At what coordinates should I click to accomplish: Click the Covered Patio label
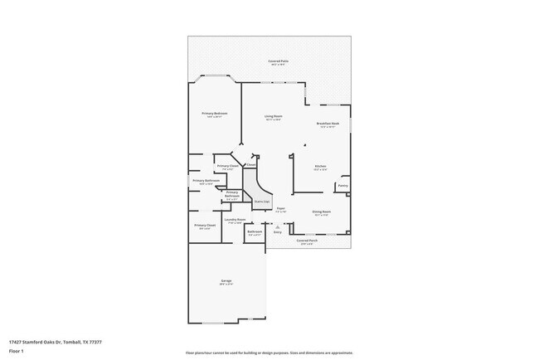pyautogui.click(x=277, y=61)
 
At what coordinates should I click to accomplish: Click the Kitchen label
pyautogui.click(x=320, y=167)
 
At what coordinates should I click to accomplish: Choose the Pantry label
pyautogui.click(x=342, y=186)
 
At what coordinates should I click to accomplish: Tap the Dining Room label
pyautogui.click(x=322, y=212)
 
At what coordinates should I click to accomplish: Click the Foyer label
pyautogui.click(x=280, y=208)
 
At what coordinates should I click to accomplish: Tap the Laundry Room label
pyautogui.click(x=235, y=220)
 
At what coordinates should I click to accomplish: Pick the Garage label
pyautogui.click(x=226, y=282)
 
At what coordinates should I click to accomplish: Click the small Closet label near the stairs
pyautogui.click(x=251, y=164)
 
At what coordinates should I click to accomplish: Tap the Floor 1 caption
pyautogui.click(x=16, y=350)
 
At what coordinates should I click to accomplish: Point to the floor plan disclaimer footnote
pyautogui.click(x=269, y=353)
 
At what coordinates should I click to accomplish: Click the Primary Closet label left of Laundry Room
pyautogui.click(x=205, y=226)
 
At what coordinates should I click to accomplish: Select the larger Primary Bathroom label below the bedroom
pyautogui.click(x=206, y=181)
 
